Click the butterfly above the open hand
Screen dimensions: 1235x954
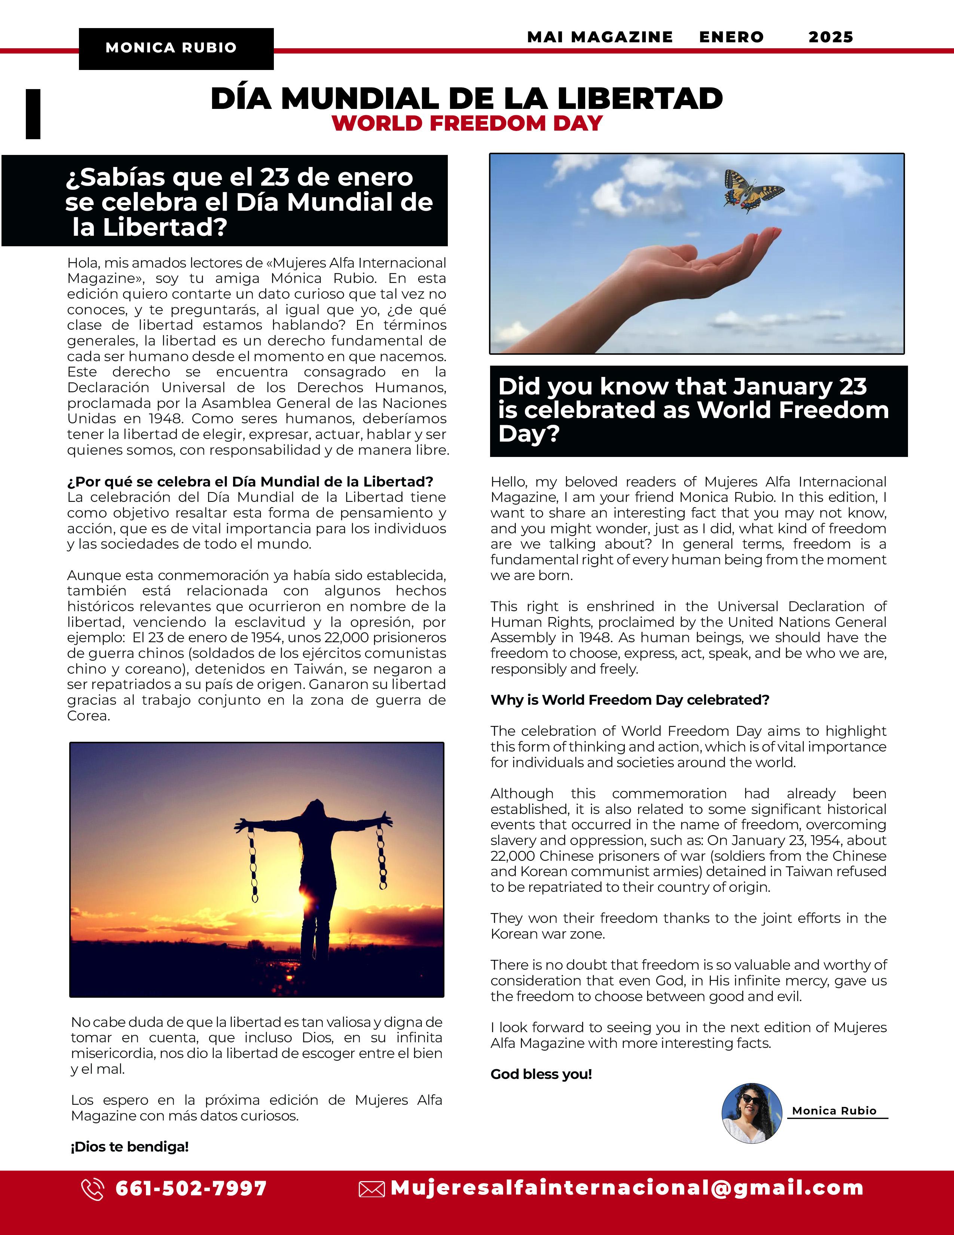coord(753,190)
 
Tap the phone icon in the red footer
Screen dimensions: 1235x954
coord(93,1189)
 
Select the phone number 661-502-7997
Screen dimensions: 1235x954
coord(191,1188)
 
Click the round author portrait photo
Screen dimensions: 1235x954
coord(752,1113)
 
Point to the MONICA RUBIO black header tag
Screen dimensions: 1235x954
coord(176,48)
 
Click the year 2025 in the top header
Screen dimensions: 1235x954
coord(830,37)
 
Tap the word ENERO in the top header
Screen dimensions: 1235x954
coord(731,37)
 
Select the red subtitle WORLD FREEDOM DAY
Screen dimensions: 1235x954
coord(467,123)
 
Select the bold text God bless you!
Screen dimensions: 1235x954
coord(541,1074)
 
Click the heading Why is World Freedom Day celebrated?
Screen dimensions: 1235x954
coord(630,700)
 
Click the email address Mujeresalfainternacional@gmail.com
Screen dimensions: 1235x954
coord(627,1188)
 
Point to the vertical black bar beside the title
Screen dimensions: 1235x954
coord(33,114)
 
